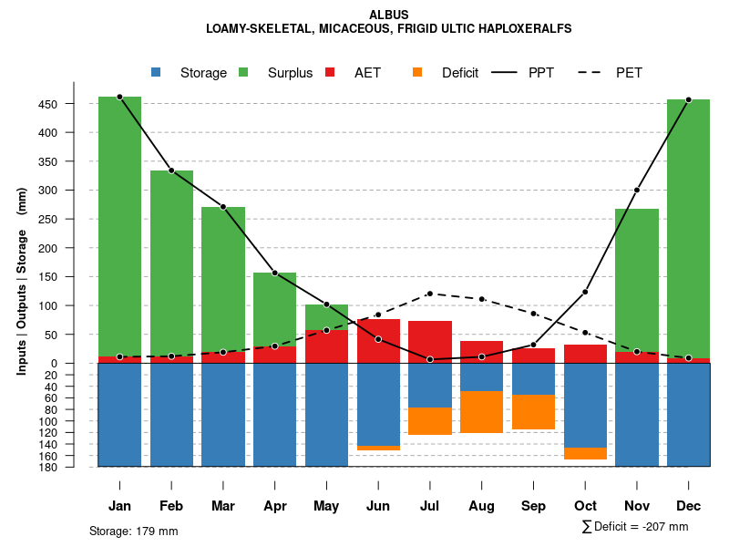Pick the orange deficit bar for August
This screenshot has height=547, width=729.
click(481, 412)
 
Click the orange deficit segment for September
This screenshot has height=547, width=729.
click(533, 412)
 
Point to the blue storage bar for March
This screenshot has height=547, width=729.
click(223, 415)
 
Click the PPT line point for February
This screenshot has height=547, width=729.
click(171, 170)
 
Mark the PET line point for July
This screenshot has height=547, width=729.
click(430, 294)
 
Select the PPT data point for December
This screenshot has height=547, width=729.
click(688, 99)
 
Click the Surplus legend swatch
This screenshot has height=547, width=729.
click(244, 72)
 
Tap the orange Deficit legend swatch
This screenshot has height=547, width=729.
click(417, 72)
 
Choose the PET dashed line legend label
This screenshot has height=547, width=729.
click(629, 73)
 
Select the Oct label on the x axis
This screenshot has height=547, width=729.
click(585, 506)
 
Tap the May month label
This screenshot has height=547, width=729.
click(326, 506)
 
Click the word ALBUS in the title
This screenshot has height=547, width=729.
click(389, 15)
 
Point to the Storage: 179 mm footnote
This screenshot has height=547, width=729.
click(133, 531)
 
